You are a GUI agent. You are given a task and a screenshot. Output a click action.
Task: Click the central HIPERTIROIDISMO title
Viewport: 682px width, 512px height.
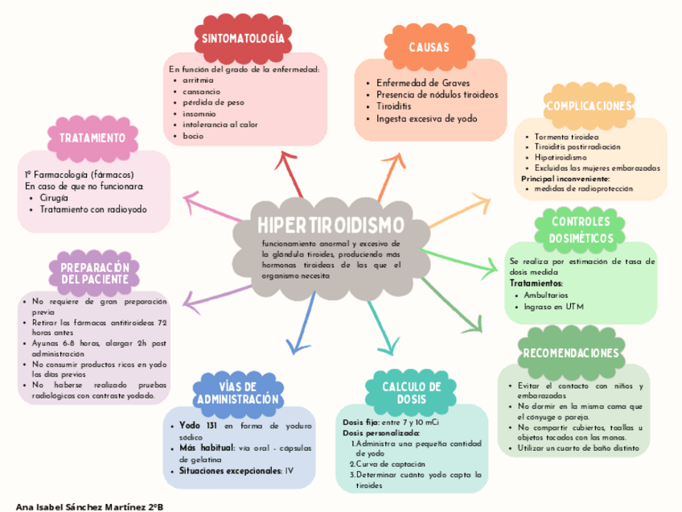(x=331, y=226)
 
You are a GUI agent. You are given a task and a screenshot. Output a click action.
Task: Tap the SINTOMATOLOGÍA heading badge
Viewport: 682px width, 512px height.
(x=243, y=39)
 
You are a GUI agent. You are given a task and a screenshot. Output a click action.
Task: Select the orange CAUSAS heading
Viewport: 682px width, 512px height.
(x=429, y=47)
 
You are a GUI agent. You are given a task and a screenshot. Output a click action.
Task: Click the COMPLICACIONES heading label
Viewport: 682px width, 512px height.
(x=589, y=105)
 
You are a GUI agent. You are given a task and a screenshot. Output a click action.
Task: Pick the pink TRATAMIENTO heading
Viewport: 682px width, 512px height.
(x=91, y=137)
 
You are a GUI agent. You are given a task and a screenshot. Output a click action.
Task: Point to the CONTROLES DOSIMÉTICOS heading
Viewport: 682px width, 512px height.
(x=580, y=229)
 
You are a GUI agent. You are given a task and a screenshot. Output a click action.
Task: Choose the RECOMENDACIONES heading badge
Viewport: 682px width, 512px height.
(x=571, y=353)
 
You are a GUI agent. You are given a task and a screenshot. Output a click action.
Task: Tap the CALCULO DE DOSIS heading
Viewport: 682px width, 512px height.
(x=411, y=393)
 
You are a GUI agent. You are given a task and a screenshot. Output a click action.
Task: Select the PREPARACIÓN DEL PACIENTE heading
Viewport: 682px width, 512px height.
(x=95, y=273)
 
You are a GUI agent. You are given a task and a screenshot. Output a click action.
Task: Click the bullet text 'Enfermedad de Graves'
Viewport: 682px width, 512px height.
(x=417, y=84)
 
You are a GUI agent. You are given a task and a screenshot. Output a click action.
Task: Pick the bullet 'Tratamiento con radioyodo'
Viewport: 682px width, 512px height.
(x=93, y=209)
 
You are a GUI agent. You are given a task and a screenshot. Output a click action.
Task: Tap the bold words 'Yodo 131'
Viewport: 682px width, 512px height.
(x=199, y=425)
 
